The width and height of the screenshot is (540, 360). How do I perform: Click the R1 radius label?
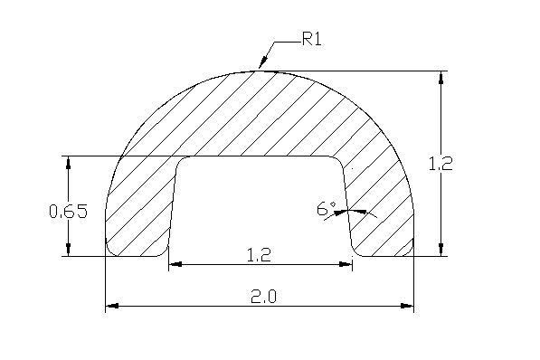pos(312,39)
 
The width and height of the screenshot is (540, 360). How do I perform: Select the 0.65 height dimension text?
pos(69,211)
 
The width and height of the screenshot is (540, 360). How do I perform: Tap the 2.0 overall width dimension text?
pos(263,297)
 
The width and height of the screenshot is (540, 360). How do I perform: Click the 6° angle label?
pos(327,209)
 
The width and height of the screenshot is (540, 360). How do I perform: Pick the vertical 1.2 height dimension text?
pos(441,164)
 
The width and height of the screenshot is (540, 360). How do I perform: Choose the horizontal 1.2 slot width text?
pos(260,255)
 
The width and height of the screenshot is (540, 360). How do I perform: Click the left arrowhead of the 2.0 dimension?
pos(112,306)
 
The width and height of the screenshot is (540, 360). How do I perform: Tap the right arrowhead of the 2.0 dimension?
pos(407,306)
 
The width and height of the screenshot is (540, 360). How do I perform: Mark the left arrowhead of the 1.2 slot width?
pos(175,264)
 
